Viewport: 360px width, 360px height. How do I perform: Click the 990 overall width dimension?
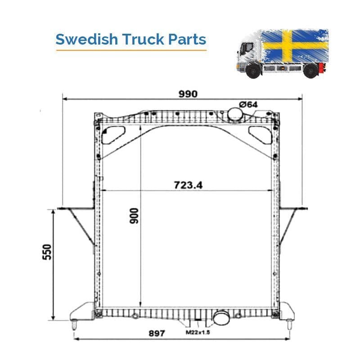click(188, 94)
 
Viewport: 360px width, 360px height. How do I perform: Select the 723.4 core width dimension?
click(188, 185)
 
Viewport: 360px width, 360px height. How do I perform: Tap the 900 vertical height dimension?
click(134, 216)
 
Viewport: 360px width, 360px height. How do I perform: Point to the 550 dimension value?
click(47, 252)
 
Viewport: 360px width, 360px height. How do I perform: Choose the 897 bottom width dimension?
click(157, 333)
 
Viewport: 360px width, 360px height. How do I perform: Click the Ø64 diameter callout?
click(248, 104)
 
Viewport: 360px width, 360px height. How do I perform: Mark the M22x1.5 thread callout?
click(198, 332)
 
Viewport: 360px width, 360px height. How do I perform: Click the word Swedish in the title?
click(86, 39)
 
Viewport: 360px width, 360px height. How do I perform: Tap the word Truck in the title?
click(143, 39)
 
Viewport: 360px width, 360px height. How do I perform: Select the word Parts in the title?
click(187, 40)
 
